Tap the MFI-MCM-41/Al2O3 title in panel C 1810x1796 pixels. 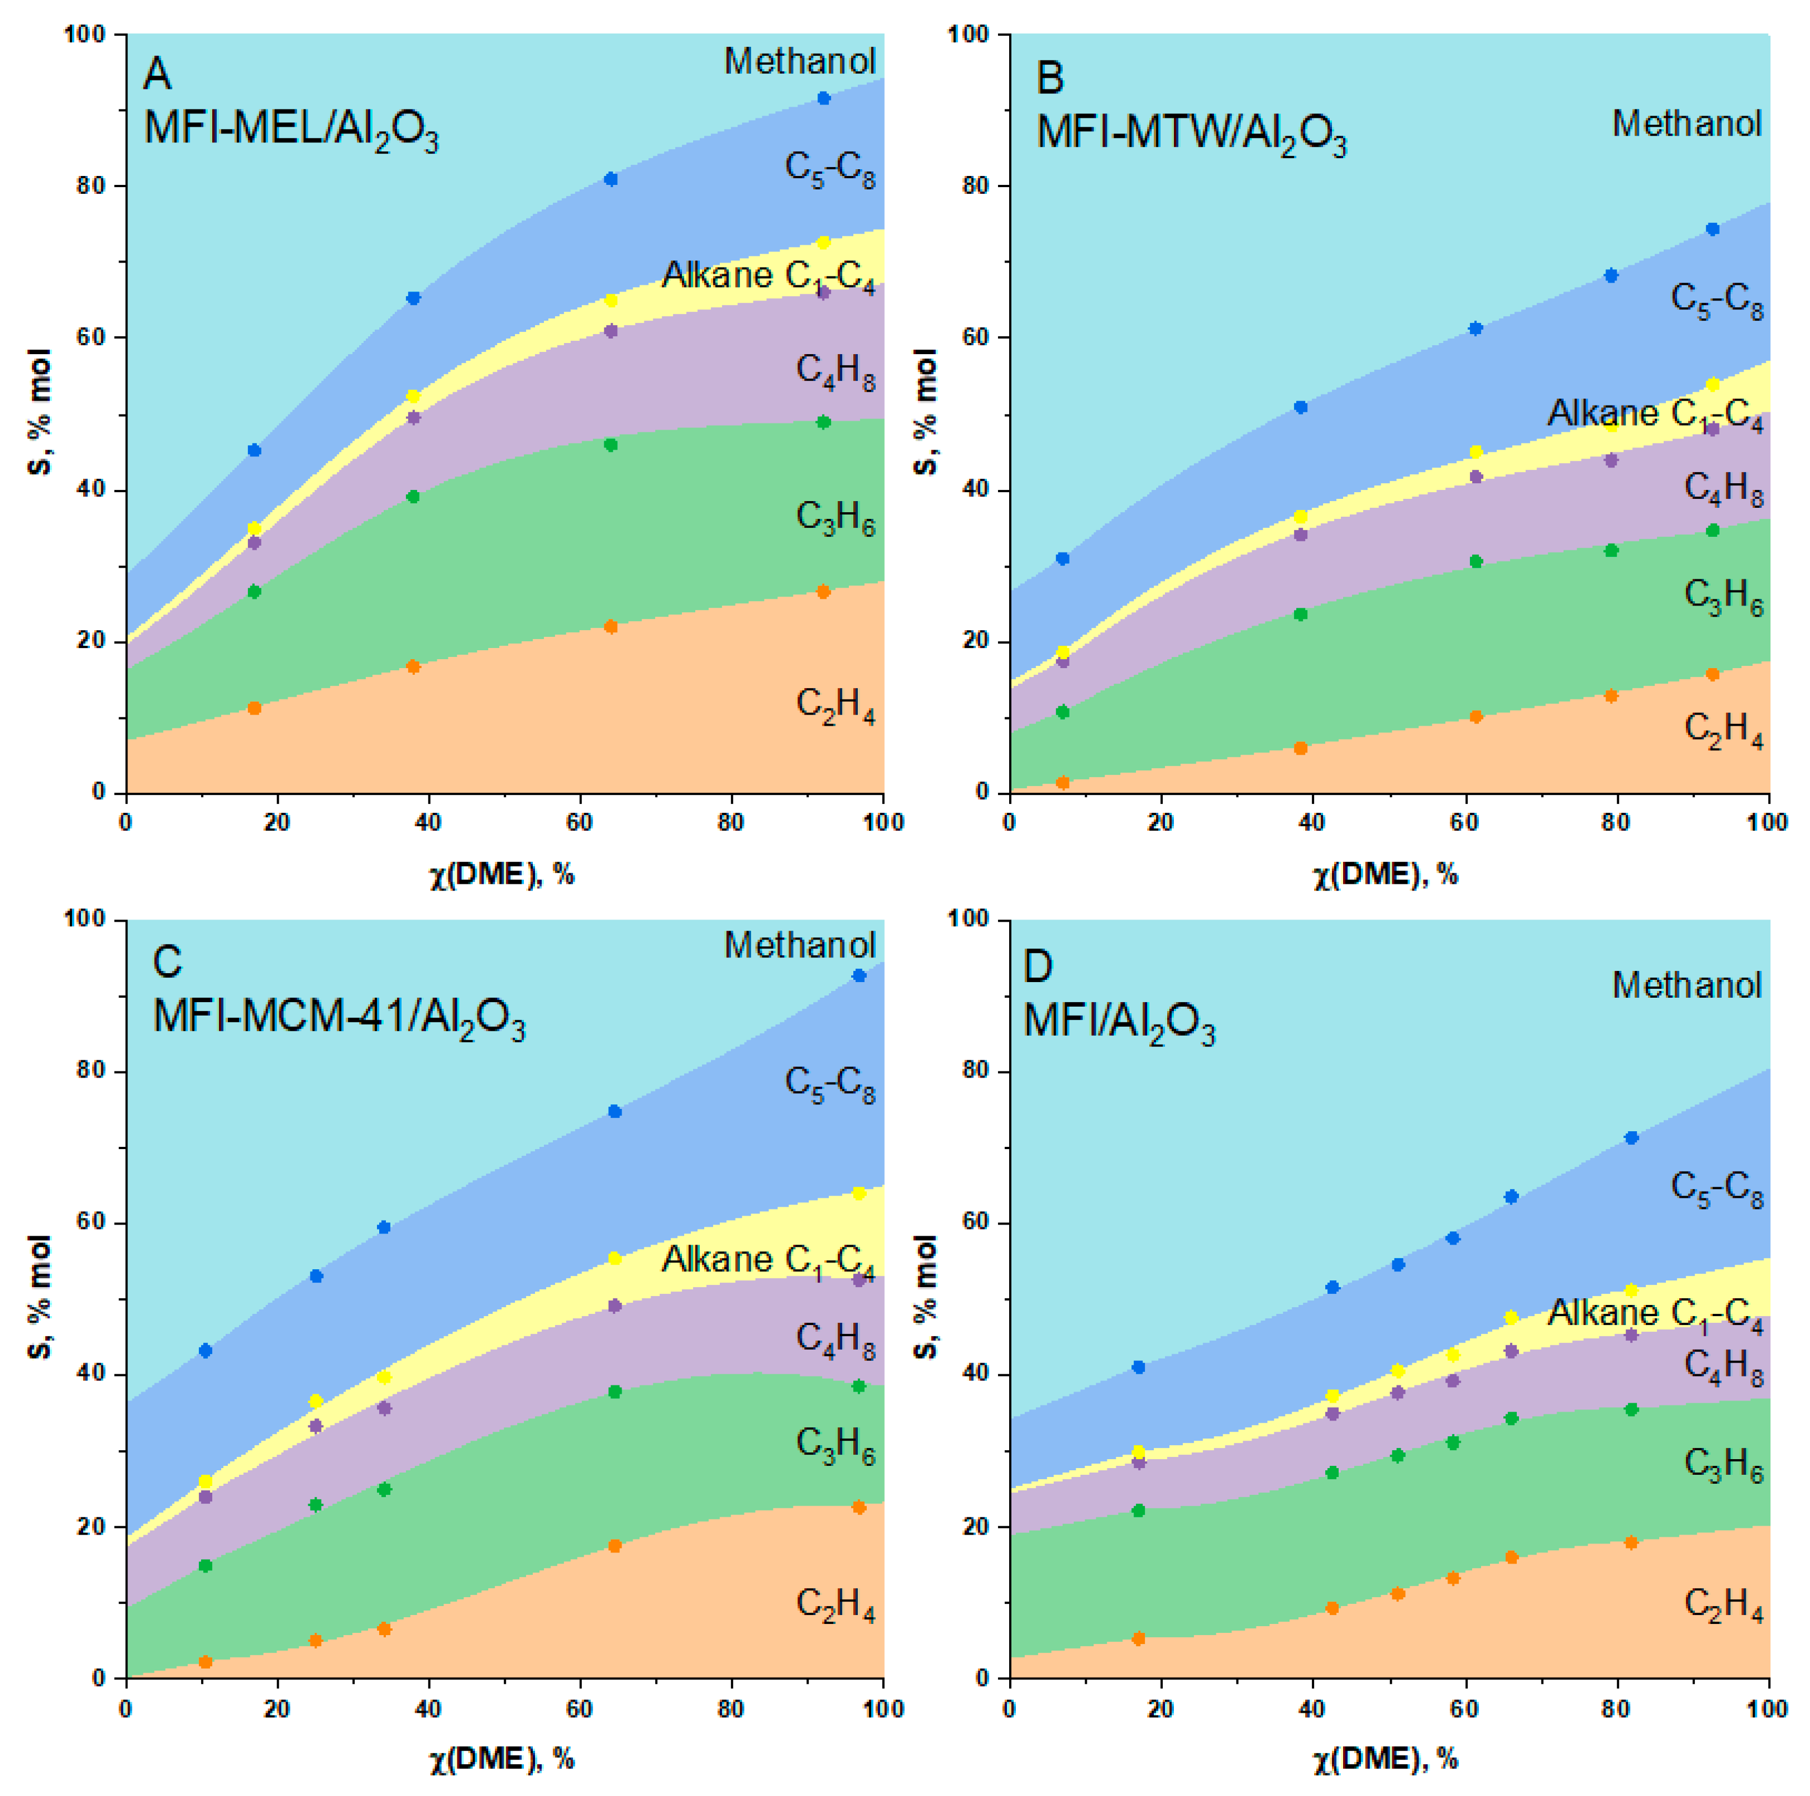pos(338,1017)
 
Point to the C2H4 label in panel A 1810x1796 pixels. pos(835,704)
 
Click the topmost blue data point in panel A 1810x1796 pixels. pos(824,98)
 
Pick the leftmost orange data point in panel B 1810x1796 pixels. pos(1062,782)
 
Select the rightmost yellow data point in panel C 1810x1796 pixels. pos(858,1194)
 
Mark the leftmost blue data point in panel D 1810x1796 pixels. pos(1138,1367)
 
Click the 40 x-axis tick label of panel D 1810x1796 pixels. pos(1312,1708)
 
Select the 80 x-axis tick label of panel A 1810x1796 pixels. pos(730,822)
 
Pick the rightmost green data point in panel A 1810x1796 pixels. pos(824,422)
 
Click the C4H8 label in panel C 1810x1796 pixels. pos(835,1340)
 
